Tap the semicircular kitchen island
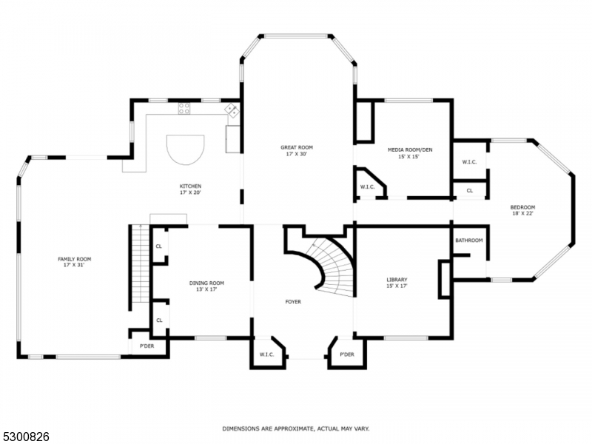coord(185,150)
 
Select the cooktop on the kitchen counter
coord(184,109)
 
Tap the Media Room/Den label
coord(410,150)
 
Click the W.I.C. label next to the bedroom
coord(469,162)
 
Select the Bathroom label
coord(468,240)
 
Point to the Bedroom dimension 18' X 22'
coord(522,213)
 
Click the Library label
coord(397,280)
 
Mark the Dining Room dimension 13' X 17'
coord(206,289)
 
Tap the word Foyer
coord(293,302)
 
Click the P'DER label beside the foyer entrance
coord(347,354)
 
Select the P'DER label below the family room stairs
coord(147,346)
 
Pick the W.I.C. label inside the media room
coord(368,187)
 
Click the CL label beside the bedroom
coord(469,190)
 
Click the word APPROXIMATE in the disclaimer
coord(286,428)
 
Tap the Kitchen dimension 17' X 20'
coord(190,192)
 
